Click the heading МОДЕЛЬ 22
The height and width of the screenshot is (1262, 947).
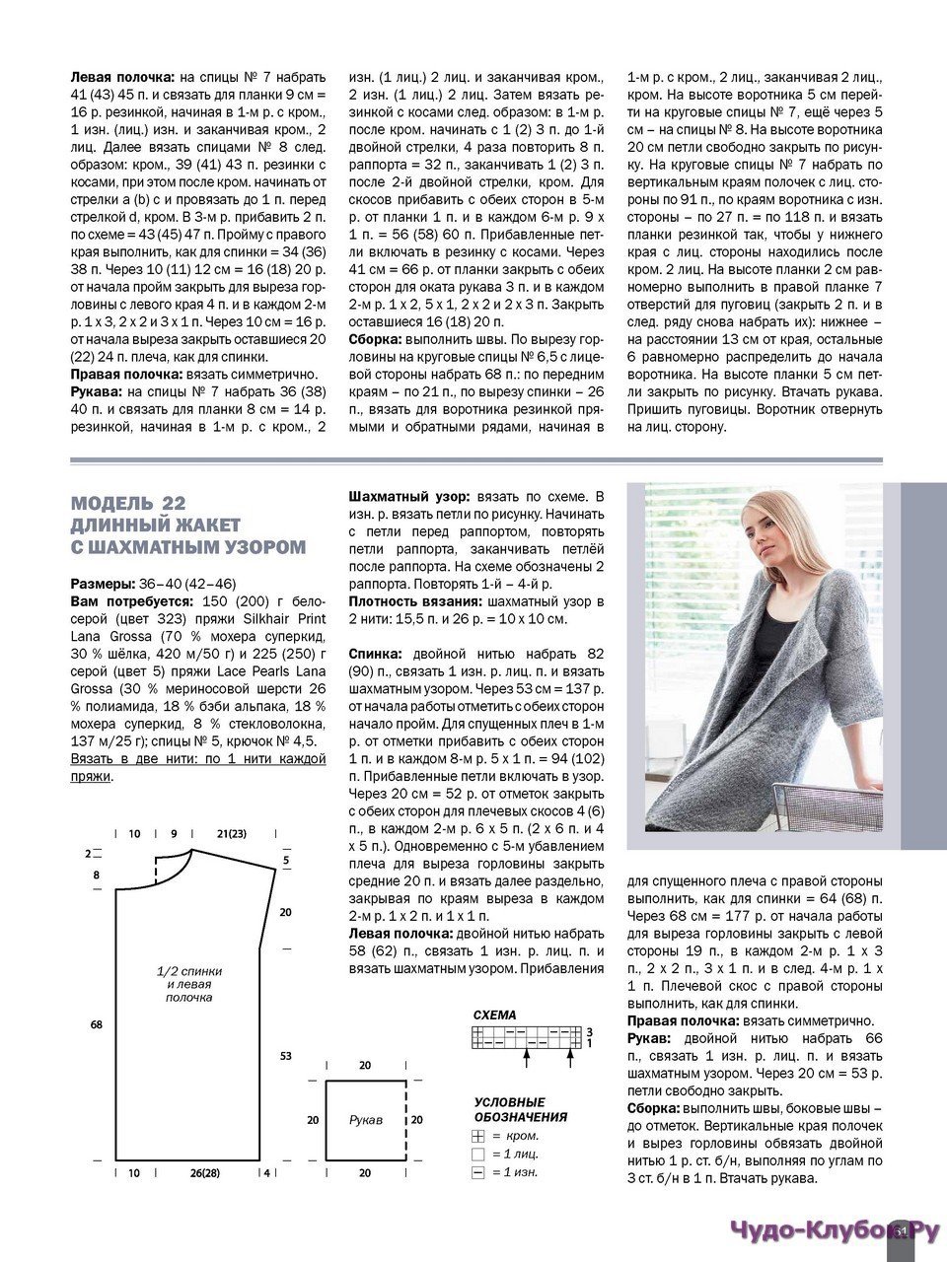click(x=128, y=503)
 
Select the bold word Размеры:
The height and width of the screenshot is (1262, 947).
click(x=103, y=584)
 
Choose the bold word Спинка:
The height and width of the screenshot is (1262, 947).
click(x=376, y=654)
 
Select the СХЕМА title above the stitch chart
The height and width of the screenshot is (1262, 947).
click(x=494, y=1015)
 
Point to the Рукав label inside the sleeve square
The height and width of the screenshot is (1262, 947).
click(x=365, y=1120)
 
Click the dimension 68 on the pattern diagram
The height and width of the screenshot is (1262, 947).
click(x=97, y=1025)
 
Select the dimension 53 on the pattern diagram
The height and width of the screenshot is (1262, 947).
click(x=286, y=1056)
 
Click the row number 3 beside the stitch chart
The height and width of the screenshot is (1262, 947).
click(x=589, y=1030)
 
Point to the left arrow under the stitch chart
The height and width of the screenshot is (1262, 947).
click(x=529, y=1056)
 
